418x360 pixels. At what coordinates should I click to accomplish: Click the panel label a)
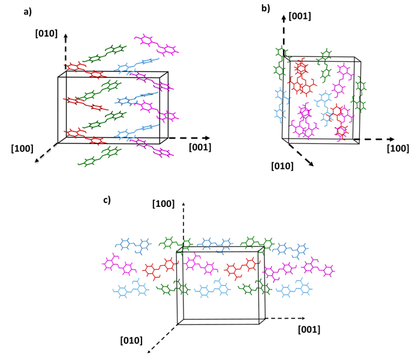[x=13, y=12]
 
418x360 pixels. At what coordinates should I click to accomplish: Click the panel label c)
[x=107, y=200]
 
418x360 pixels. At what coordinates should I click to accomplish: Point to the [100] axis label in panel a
[x=22, y=147]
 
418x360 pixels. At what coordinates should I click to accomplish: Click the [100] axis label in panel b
[x=398, y=148]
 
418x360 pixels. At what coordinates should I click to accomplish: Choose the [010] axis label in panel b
[x=282, y=165]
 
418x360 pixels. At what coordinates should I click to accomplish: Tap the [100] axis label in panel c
[x=163, y=204]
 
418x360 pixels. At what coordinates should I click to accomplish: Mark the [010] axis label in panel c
[x=131, y=340]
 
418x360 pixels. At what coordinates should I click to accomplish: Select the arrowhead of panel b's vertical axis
[x=282, y=20]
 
